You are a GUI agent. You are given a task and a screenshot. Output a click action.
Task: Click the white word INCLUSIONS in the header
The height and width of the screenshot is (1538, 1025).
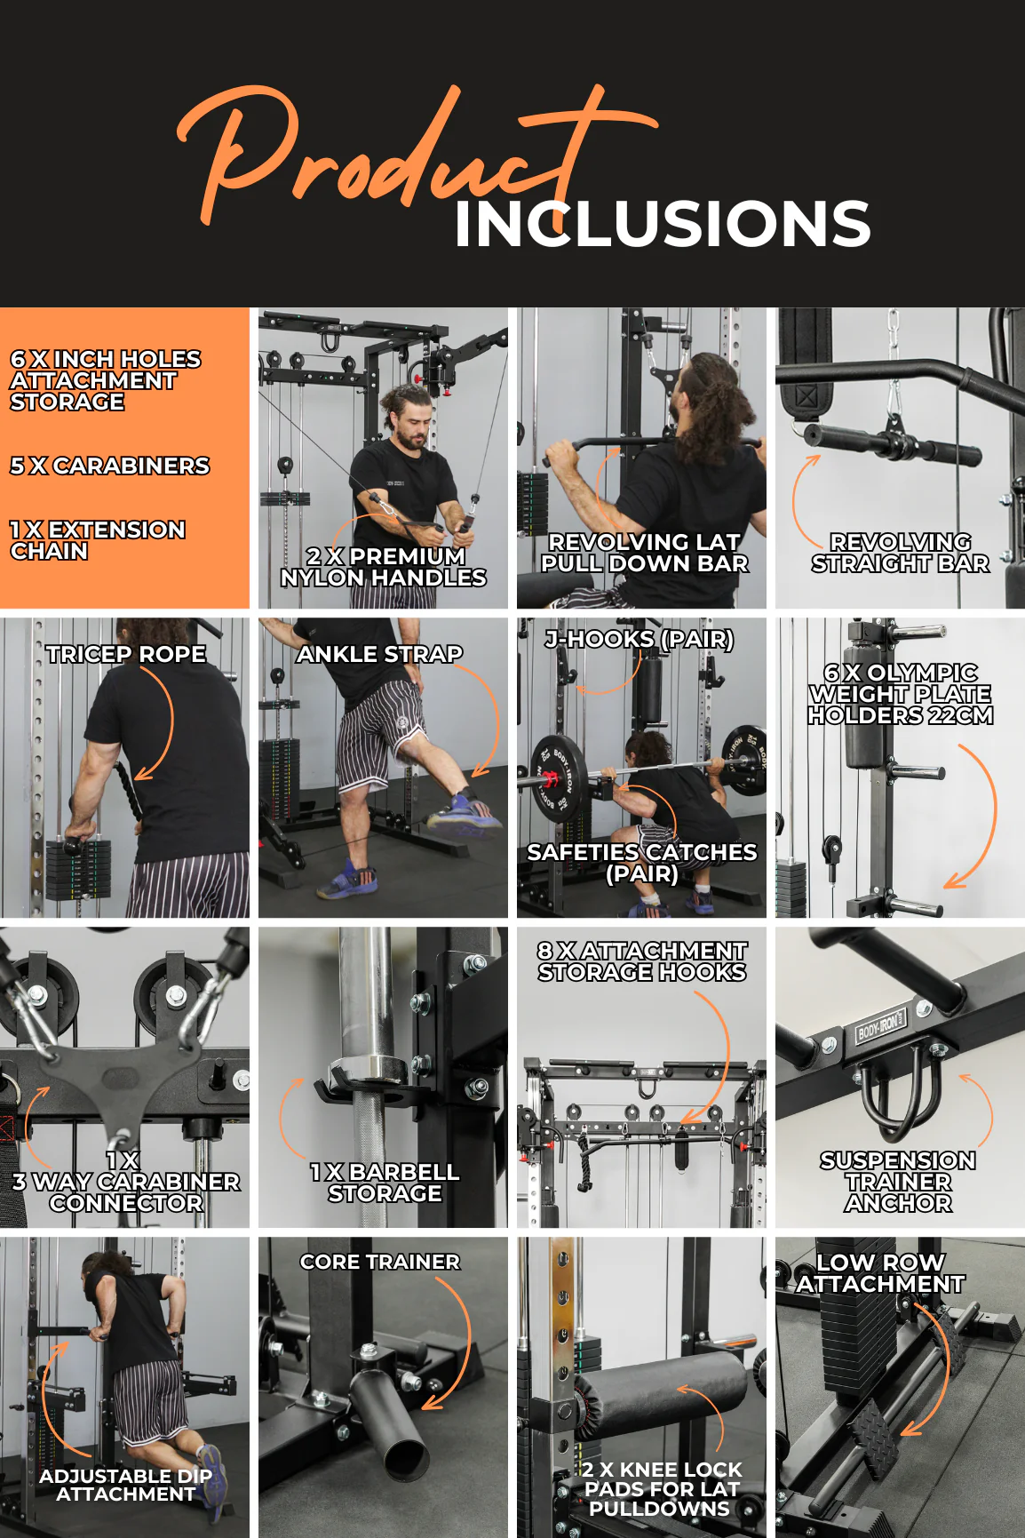663,223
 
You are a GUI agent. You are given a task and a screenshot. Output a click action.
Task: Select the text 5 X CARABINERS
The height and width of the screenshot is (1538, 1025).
110,466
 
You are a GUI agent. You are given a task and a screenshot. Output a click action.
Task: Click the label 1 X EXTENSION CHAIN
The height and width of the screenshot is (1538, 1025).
98,540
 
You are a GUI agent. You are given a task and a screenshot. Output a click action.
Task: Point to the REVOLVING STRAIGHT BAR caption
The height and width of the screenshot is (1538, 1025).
900,553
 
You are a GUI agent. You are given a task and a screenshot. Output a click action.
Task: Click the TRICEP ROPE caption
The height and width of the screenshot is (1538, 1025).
126,654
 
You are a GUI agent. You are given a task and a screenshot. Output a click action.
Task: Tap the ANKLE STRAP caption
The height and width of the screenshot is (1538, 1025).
379,654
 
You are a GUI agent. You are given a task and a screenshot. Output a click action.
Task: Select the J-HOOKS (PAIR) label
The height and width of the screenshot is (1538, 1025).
640,640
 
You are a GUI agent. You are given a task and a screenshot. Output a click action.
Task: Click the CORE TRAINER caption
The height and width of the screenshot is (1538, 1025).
380,1262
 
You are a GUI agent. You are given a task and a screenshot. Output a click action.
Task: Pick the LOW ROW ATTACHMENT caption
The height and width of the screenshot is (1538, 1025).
879,1273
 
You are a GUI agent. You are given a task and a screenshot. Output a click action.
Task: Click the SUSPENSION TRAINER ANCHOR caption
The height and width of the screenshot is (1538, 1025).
898,1182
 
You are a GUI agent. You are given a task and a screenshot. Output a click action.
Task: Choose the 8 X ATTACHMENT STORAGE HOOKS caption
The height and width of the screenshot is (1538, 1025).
642,961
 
